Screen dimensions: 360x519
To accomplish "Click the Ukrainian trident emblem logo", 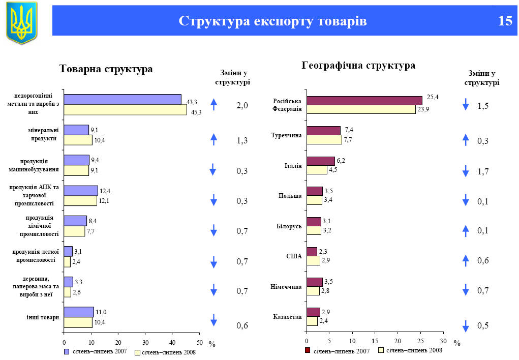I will coord(21,23).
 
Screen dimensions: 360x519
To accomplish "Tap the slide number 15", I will coord(505,21).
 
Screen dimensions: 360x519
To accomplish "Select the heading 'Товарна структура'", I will coord(106,69).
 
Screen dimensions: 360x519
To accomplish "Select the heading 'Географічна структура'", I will coord(358,66).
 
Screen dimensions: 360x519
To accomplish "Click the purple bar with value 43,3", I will coord(123,99).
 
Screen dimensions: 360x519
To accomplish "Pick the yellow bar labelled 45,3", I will coord(125,110).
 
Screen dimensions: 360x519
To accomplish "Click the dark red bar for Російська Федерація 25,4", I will coord(364,101).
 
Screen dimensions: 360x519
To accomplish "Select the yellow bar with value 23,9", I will coord(361,109).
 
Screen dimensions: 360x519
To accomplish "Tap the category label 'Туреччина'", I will coord(287,136).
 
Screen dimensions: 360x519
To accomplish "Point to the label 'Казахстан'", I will coord(287,317).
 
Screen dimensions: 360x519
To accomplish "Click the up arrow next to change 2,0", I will coord(214,105).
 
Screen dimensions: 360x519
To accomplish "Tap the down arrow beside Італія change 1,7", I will coord(465,171).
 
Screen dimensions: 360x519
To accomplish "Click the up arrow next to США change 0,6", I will coord(465,260).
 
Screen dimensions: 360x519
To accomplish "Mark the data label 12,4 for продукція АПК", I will coord(105,191).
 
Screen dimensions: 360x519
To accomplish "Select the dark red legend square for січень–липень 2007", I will coord(308,350).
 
